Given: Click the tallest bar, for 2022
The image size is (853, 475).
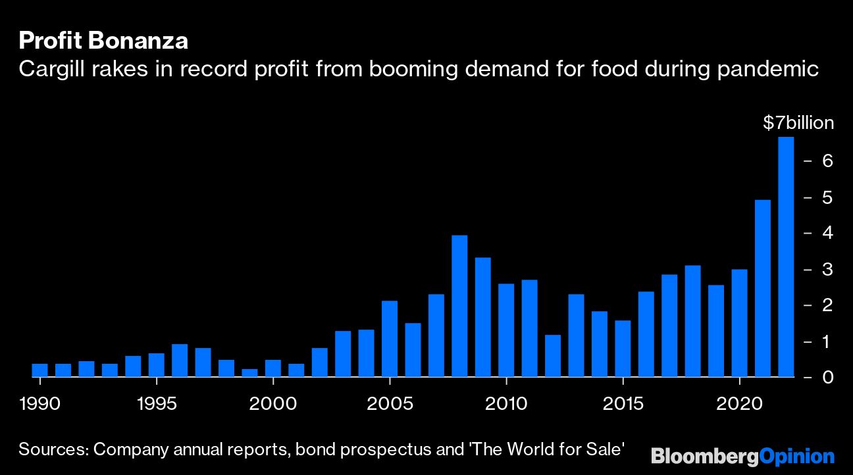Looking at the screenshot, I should pos(786,257).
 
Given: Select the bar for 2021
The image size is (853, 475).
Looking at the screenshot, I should pos(762,288).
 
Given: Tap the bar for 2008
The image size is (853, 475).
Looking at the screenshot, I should pos(459,306).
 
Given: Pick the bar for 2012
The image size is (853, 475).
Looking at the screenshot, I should pos(553,356).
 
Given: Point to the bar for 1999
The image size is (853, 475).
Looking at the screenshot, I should pos(249,373).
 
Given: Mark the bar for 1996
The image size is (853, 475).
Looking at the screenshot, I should pos(180,361).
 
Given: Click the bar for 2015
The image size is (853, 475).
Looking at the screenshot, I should pos(623,349).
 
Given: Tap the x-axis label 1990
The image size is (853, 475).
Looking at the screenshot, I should pos(40,403).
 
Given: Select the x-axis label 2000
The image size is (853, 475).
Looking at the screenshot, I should pos(272,403).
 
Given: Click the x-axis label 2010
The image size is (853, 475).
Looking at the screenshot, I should pos(506,403).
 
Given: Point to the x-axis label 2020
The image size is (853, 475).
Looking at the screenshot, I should pos(739,403).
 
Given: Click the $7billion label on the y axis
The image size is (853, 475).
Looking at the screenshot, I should pos(798,123).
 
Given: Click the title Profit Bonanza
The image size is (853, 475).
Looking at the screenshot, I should pos(103,41).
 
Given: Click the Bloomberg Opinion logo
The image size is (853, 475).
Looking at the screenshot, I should pos(742,456).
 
